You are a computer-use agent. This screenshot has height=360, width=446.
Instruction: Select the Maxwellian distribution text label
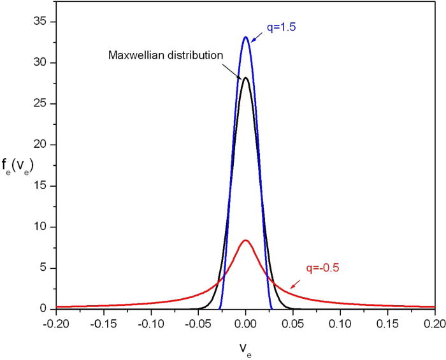(x=164, y=54)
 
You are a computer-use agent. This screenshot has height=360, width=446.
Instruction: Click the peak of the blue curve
(x=245, y=37)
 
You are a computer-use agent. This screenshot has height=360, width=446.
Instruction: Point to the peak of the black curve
(x=245, y=78)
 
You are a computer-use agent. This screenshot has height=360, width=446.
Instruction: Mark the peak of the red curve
(x=245, y=240)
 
